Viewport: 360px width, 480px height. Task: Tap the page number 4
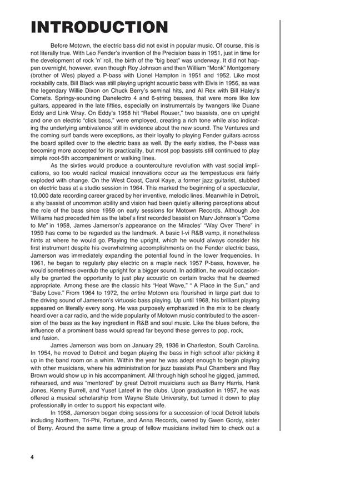point(33,457)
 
